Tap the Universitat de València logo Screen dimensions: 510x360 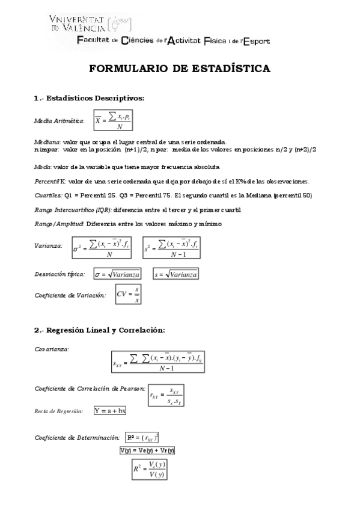coord(90,23)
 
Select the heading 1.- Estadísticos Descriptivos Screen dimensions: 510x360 coord(89,98)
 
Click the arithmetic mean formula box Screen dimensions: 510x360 coord(113,121)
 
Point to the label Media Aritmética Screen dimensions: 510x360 coord(59,121)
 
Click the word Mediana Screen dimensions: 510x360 coord(47,141)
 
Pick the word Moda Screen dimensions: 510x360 coord(43,166)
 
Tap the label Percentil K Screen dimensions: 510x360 coord(50,181)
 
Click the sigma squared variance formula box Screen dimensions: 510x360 coord(103,246)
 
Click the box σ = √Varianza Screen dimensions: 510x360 coord(117,274)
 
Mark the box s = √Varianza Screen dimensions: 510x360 coord(175,274)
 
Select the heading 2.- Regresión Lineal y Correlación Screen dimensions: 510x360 coord(100,330)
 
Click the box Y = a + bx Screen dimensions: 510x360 coord(110,411)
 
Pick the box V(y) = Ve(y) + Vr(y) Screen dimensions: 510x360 coord(147,450)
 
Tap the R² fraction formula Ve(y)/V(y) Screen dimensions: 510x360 coord(149,469)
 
